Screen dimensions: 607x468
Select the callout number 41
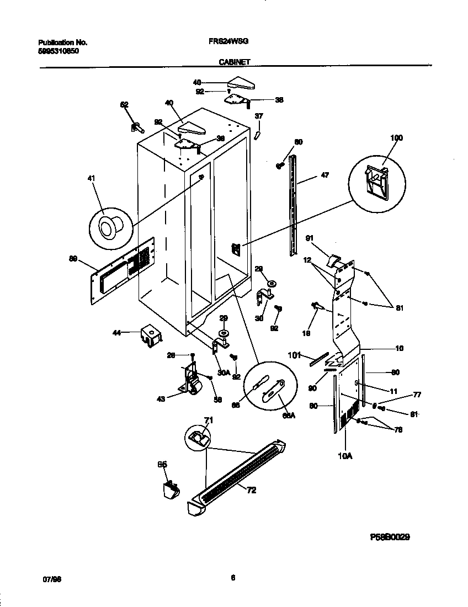[92, 178]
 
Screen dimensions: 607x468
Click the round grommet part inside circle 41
[108, 226]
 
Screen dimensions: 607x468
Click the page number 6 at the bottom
[233, 577]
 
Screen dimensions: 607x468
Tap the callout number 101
[293, 355]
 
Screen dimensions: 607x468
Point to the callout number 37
[258, 116]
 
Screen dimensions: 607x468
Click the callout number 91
[310, 238]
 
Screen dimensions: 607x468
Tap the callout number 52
[124, 104]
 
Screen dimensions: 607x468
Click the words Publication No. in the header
[62, 42]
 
